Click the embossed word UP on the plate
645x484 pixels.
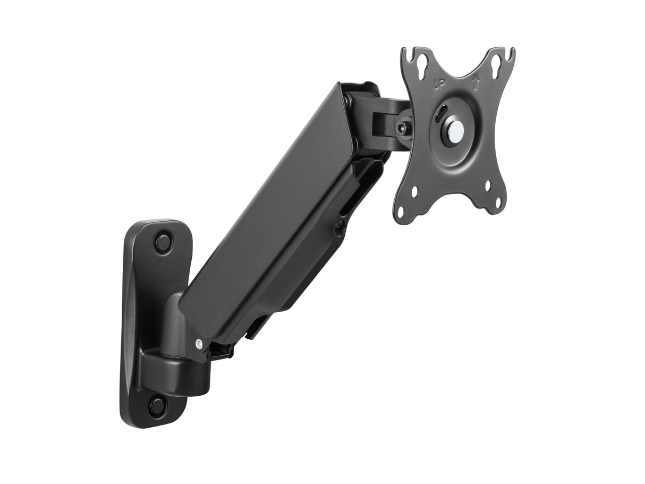[439, 84]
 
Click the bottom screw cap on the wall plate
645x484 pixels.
[157, 406]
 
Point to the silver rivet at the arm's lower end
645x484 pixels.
[198, 344]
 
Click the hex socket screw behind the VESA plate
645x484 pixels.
[403, 128]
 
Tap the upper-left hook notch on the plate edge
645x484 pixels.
[405, 53]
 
